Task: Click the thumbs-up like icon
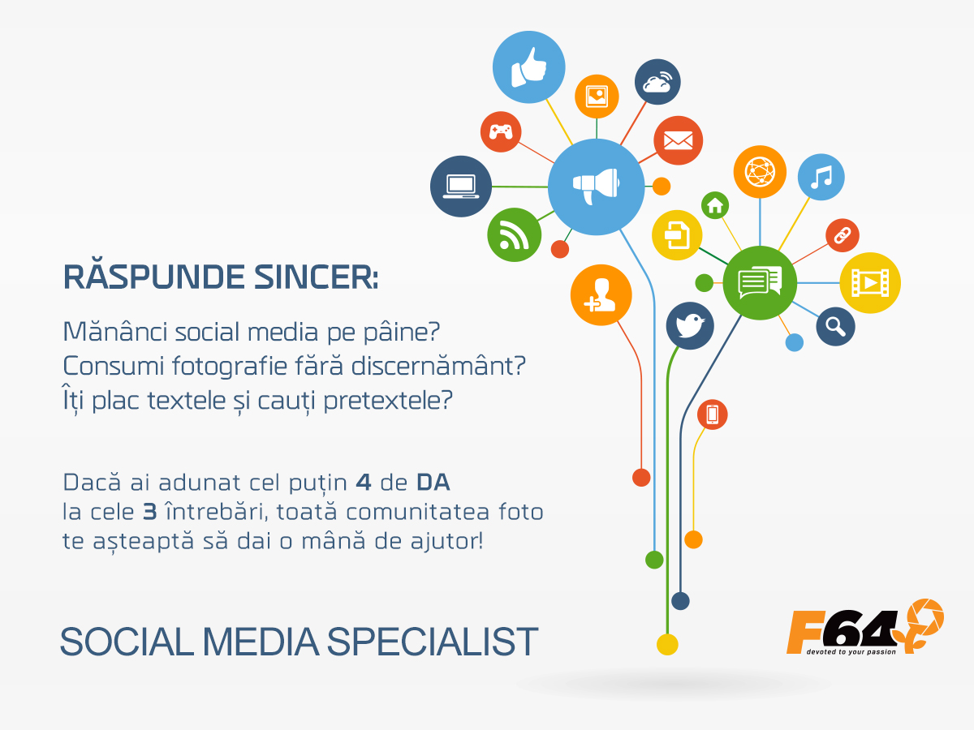(x=528, y=67)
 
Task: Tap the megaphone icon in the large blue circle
(x=596, y=187)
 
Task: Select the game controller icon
(x=501, y=131)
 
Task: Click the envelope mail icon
(x=678, y=140)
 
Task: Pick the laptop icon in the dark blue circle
(x=461, y=187)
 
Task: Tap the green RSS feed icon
(x=515, y=235)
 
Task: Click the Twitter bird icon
(x=690, y=326)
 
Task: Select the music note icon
(x=821, y=177)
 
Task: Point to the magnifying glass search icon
(x=835, y=327)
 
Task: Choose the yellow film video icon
(x=870, y=283)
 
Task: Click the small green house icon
(x=715, y=205)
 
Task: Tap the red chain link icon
(x=843, y=235)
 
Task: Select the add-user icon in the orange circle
(x=601, y=295)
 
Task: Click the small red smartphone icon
(x=712, y=414)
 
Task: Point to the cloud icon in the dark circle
(x=657, y=82)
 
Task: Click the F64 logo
(x=865, y=627)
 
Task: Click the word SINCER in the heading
(x=316, y=277)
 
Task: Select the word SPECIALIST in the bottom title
(x=433, y=642)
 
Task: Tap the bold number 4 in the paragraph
(x=364, y=483)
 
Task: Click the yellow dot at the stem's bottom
(x=667, y=645)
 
